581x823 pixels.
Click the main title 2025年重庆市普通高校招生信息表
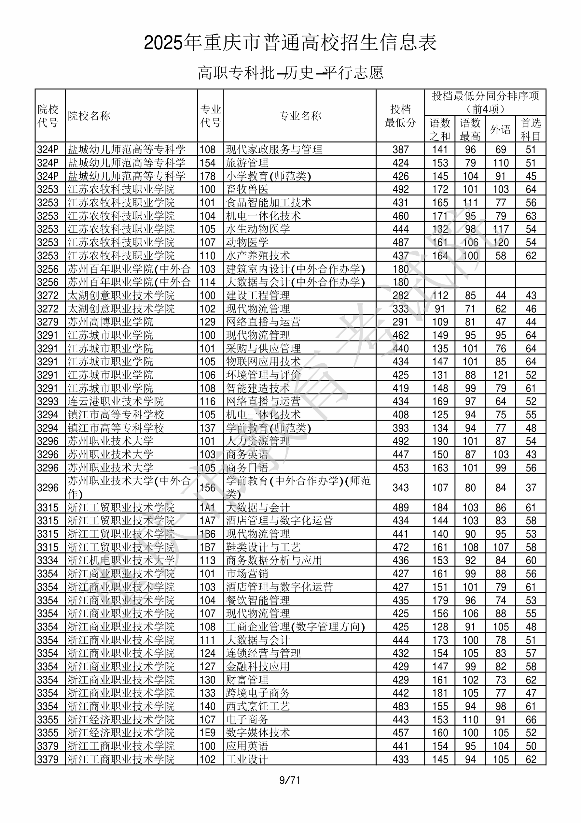(x=290, y=43)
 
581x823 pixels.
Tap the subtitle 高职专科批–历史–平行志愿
(x=290, y=73)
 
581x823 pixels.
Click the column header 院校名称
(x=89, y=116)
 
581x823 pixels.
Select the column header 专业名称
(x=300, y=116)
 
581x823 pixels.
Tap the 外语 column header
(x=500, y=129)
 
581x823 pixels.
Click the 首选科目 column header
(x=531, y=129)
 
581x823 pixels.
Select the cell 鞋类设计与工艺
(x=263, y=547)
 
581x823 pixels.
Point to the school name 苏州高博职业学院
(x=110, y=322)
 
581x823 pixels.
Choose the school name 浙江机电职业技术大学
(x=121, y=561)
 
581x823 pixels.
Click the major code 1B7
(x=208, y=547)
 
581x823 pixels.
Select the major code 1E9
(x=208, y=733)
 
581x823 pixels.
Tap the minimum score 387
(x=400, y=150)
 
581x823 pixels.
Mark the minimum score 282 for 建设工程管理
(x=400, y=296)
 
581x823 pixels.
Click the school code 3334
(x=48, y=561)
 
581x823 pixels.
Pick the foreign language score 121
(x=500, y=375)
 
